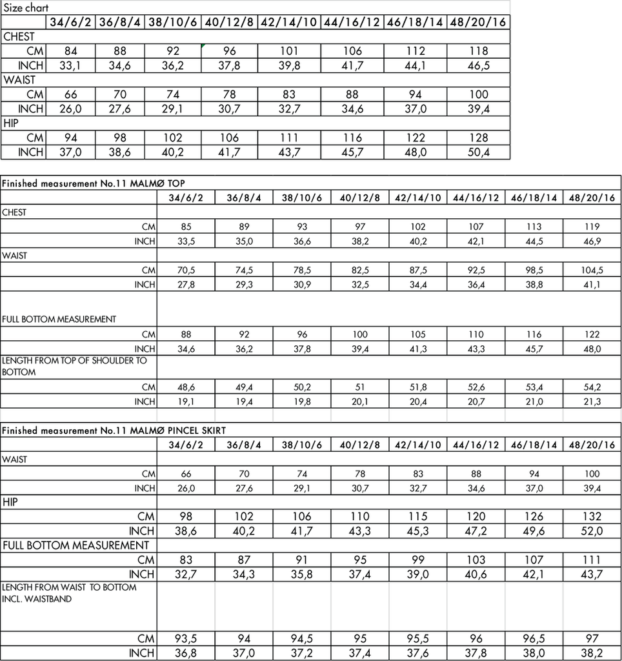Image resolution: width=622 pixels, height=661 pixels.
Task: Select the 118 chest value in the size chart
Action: pos(477,51)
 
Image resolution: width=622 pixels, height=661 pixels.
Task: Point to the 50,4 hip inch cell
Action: pos(477,152)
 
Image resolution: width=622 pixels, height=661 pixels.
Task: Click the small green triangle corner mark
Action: pos(204,45)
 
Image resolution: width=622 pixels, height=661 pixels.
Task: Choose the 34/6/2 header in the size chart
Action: pos(72,23)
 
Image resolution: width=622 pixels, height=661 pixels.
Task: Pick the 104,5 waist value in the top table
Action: pos(592,270)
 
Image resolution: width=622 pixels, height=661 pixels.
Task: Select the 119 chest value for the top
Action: pos(592,227)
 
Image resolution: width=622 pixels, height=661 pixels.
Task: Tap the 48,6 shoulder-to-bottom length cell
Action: pos(186,387)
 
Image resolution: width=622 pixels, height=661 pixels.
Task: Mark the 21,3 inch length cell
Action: pos(592,402)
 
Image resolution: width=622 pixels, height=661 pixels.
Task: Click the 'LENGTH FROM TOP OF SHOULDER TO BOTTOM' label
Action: pos(74,366)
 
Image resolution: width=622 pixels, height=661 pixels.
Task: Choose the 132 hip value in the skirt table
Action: pos(592,516)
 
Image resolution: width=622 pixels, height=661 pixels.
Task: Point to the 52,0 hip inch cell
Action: pos(592,531)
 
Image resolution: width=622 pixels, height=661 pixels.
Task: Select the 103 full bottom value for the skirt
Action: pos(476,560)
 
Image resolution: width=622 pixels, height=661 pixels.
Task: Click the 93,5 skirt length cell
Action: pos(186,638)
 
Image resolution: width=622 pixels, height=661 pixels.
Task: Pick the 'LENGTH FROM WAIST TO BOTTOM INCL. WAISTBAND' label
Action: pos(70,593)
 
